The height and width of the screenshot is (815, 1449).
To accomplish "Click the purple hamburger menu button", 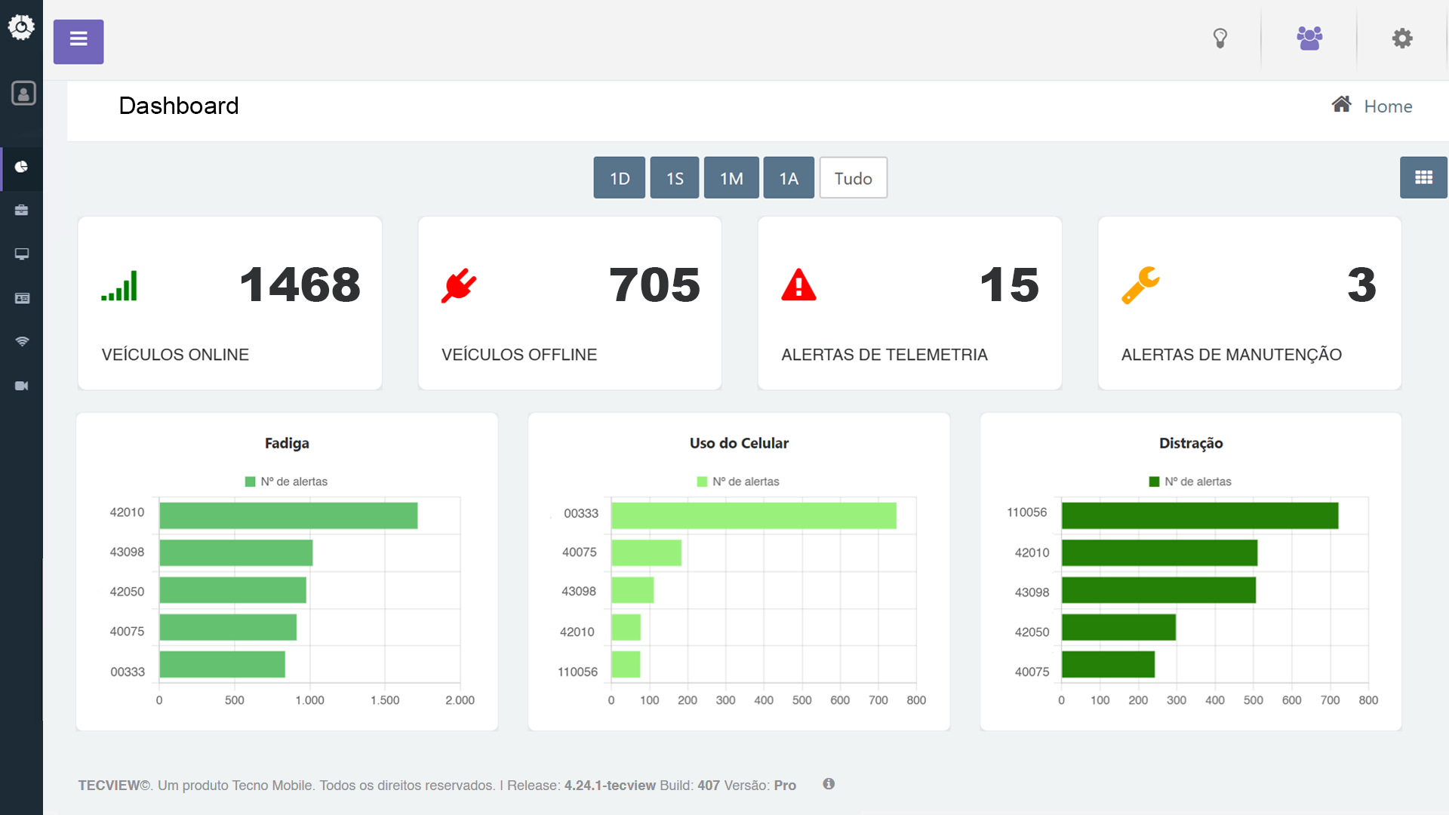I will [78, 42].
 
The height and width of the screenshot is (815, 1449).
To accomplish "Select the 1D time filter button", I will [619, 178].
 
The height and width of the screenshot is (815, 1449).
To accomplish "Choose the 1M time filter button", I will [731, 178].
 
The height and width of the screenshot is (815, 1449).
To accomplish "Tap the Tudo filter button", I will [853, 178].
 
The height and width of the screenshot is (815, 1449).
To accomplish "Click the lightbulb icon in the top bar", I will [1220, 38].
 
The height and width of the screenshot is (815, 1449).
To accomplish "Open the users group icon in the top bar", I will [1309, 38].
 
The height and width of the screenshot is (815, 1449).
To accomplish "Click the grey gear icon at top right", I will [1402, 38].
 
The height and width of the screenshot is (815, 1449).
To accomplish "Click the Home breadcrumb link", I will [1387, 106].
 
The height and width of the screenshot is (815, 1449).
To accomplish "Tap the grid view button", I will [1423, 178].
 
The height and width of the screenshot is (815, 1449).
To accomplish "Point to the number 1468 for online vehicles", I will [300, 285].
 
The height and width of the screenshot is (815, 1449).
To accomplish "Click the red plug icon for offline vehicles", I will [459, 286].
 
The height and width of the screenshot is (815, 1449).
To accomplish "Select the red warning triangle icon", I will [798, 285].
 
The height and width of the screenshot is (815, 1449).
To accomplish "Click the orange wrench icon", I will [1140, 285].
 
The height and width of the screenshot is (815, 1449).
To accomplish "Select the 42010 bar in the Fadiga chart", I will [288, 515].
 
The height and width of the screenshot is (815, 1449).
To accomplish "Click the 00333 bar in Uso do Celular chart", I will [753, 515].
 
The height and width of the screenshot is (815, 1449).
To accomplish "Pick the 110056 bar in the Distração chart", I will [1199, 515].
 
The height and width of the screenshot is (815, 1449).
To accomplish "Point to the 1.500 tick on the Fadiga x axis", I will [385, 700].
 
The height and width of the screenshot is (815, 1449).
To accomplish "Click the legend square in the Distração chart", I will [1154, 481].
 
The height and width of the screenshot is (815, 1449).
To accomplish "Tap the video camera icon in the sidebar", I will [22, 386].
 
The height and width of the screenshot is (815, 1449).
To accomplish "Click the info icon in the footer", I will [829, 784].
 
